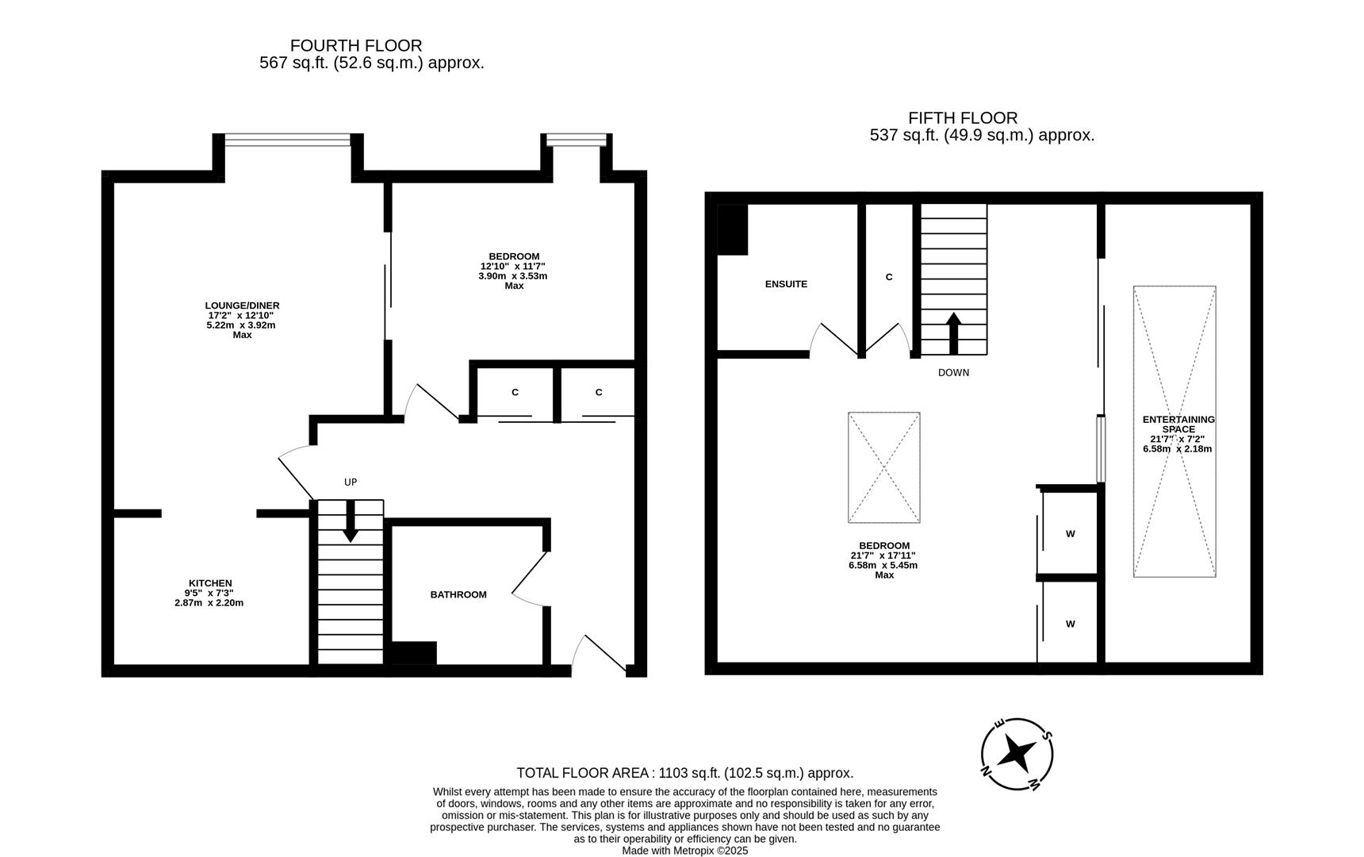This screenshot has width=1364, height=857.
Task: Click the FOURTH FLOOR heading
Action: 355,46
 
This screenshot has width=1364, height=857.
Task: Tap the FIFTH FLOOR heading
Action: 962,118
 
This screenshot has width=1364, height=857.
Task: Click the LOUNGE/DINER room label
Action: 242,306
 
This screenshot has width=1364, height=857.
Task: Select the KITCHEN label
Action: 210,583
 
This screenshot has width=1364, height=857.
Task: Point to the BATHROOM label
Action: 458,594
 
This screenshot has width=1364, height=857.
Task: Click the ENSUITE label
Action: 786,284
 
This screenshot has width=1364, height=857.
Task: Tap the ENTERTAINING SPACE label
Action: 1178,424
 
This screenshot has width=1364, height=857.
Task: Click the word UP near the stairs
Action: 351,482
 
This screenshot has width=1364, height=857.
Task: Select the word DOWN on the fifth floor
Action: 953,372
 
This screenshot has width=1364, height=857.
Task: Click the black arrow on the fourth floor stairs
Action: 350,529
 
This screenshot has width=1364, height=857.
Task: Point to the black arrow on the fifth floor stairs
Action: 953,332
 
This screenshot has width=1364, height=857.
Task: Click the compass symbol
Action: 1017,753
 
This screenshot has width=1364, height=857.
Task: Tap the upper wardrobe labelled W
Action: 1070,533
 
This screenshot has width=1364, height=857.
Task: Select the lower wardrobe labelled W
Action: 1070,624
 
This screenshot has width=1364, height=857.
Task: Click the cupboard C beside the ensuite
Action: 889,277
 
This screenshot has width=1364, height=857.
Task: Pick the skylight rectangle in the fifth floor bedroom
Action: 883,467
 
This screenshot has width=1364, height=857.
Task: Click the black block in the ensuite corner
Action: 732,229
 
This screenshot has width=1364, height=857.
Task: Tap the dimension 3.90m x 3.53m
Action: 512,276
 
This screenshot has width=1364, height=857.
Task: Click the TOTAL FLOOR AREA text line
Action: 684,773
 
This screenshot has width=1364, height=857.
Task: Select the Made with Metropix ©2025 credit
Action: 684,850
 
